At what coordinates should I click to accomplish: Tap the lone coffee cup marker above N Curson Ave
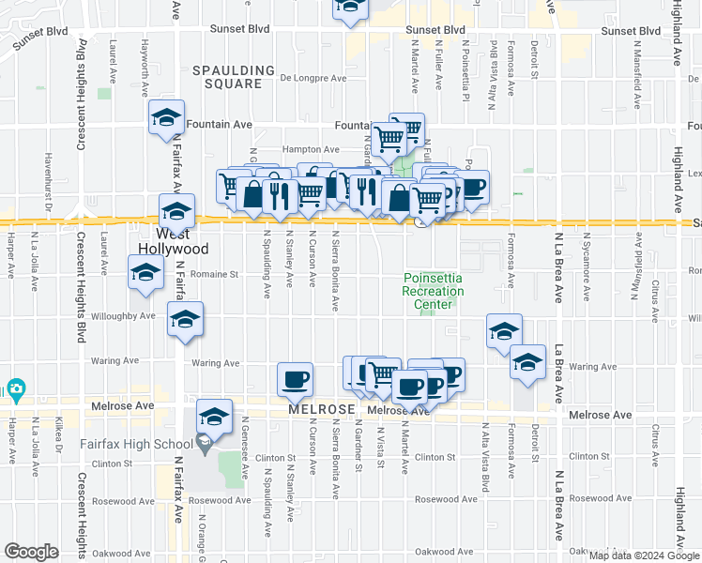tap(297, 379)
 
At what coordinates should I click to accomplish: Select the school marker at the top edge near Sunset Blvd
tap(351, 8)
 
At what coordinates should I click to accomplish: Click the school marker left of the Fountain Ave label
tap(166, 119)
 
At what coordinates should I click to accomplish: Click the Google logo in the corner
tap(31, 552)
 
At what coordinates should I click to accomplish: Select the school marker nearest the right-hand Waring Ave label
tap(527, 363)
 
